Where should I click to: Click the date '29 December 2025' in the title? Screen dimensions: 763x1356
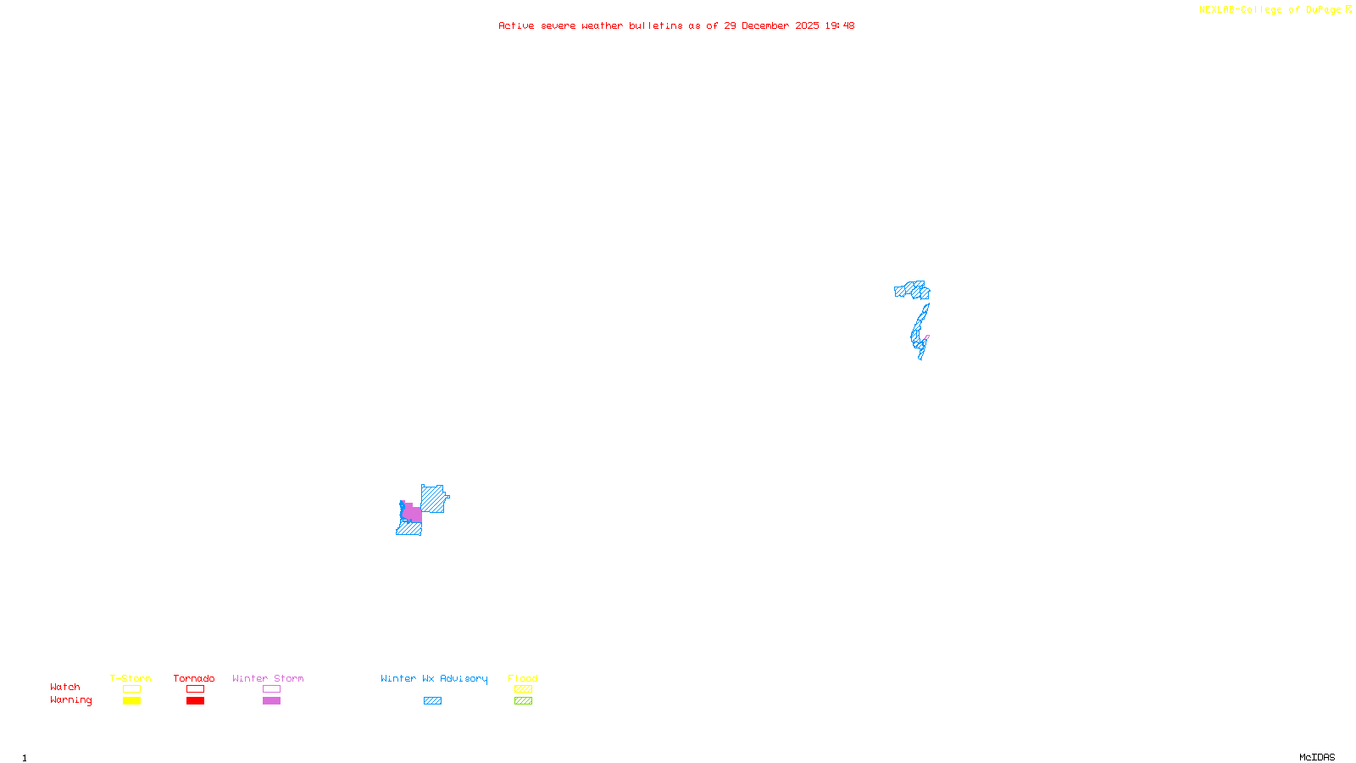tap(771, 25)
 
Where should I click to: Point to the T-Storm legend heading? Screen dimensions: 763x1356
tap(131, 678)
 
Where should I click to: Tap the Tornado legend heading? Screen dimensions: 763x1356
tap(194, 678)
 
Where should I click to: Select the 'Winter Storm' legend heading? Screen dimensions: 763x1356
tap(268, 678)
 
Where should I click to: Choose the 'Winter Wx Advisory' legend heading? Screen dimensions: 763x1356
tap(434, 678)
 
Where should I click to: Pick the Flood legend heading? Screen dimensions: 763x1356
tap(523, 678)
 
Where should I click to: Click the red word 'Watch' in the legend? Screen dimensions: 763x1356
tap(65, 687)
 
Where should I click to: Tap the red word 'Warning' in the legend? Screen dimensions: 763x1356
tap(71, 700)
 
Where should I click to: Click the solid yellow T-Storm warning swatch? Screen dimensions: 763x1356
tap(131, 701)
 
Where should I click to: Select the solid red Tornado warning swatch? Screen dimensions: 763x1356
tap(195, 701)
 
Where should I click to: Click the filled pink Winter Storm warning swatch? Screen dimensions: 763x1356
tap(271, 701)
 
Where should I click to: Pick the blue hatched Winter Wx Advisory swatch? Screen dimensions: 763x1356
tap(432, 701)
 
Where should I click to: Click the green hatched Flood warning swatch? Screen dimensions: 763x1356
tap(523, 701)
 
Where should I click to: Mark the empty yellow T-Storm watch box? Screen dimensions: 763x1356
tap(131, 689)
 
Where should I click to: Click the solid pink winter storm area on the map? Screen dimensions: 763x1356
tap(414, 514)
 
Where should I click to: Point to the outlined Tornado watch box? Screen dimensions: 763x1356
tap(195, 689)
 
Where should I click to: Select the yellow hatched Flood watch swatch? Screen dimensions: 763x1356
tap(523, 689)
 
